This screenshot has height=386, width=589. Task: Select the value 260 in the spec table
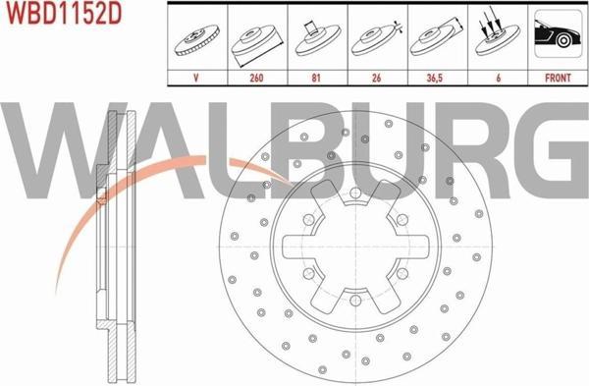point(256,78)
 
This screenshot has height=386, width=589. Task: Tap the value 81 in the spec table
point(316,78)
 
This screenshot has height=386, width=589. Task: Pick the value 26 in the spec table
point(376,78)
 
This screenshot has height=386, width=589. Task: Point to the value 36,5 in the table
point(435,78)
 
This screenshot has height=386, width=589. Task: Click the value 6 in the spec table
point(498,78)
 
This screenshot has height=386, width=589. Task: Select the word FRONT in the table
point(558,78)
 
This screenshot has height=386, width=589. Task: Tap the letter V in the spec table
point(195,78)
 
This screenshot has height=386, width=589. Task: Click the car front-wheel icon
point(559,33)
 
